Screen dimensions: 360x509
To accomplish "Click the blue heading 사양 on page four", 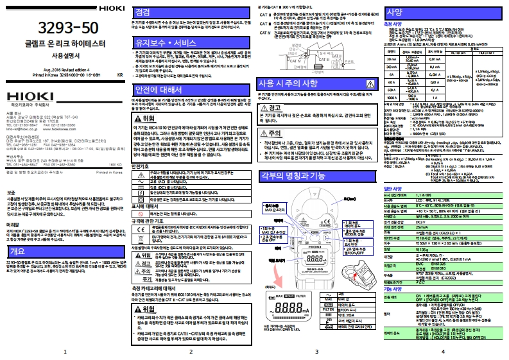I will [x=395, y=12].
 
